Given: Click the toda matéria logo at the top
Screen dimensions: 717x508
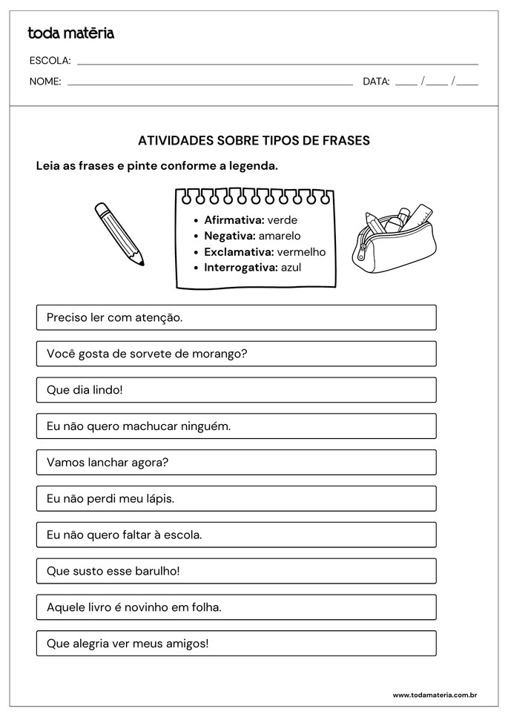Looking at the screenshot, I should pos(70,33).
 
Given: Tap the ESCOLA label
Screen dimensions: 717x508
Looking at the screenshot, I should pos(50,61).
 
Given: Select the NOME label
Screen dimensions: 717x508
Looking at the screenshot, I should pos(45,82).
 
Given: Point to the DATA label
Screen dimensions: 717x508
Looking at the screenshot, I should pos(376,82).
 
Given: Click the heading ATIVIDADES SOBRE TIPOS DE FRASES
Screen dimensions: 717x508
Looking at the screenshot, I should pos(254,140).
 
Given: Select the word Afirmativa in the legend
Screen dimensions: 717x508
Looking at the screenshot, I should pos(234,220).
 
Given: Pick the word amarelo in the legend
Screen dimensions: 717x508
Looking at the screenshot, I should pos(280,236).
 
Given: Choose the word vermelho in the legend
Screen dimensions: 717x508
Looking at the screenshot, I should pos(301,251).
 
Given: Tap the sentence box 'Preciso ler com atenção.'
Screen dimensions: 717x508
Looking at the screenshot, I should pos(236,317).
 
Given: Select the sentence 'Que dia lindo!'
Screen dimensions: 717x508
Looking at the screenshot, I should pos(85,389).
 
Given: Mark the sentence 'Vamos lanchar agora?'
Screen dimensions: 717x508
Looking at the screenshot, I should pos(108,462).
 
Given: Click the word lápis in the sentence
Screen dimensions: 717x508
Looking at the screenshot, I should pos(158,499).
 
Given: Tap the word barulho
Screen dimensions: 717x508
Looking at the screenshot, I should pos(157,571).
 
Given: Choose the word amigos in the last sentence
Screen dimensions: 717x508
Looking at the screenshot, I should pos(188,644).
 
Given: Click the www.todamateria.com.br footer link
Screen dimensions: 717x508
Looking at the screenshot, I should pos(435,695).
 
